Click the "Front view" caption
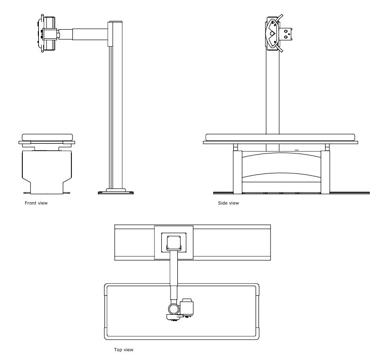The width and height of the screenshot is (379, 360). (36, 203)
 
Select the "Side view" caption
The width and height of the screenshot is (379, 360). (229, 203)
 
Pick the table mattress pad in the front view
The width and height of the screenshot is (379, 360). (47, 137)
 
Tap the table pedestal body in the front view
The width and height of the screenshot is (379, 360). (47, 168)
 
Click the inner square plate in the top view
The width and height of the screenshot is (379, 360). (173, 243)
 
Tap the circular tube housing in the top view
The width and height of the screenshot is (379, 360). (173, 309)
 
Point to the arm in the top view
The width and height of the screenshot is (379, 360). (173, 277)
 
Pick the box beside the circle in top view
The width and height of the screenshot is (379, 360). (188, 307)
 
